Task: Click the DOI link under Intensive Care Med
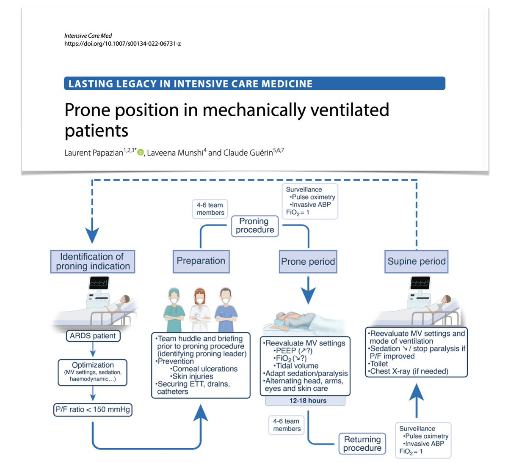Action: point(122,44)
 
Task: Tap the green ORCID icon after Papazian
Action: point(141,152)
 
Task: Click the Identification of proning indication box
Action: point(92,261)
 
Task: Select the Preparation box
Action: point(201,261)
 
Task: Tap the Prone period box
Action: point(308,262)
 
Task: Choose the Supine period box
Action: point(417,261)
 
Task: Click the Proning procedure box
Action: point(255,225)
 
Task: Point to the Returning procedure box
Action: point(362,444)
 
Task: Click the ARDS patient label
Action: point(93,336)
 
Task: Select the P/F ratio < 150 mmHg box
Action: point(93,409)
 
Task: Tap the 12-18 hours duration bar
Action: point(308,400)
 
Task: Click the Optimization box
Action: point(93,372)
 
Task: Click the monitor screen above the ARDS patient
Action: point(99,283)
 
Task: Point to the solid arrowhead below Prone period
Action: point(308,296)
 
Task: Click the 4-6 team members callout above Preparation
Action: point(210,209)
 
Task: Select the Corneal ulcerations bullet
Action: point(204,369)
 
